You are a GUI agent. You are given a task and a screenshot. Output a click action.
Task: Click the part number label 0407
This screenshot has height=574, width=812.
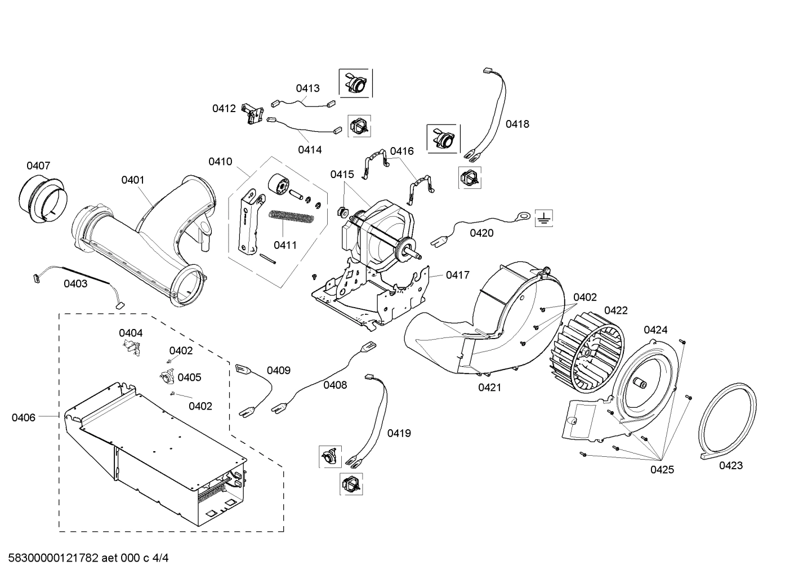38,166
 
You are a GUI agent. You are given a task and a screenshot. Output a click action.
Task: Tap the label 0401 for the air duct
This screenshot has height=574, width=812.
133,180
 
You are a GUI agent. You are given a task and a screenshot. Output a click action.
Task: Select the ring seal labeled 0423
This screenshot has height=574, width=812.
727,420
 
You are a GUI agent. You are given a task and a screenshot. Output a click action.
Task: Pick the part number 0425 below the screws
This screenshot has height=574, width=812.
662,470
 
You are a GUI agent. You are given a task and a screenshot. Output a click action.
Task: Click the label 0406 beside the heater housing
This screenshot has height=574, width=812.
24,417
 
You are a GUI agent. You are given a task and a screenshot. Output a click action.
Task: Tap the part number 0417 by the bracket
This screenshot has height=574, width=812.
458,275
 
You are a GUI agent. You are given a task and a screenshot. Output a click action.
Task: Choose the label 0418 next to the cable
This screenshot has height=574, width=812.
517,124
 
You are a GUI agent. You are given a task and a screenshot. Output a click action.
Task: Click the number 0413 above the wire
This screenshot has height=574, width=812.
308,88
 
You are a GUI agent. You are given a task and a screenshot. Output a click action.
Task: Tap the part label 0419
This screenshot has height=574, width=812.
399,433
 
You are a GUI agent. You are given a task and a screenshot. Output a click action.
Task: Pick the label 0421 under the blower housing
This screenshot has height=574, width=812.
490,388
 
